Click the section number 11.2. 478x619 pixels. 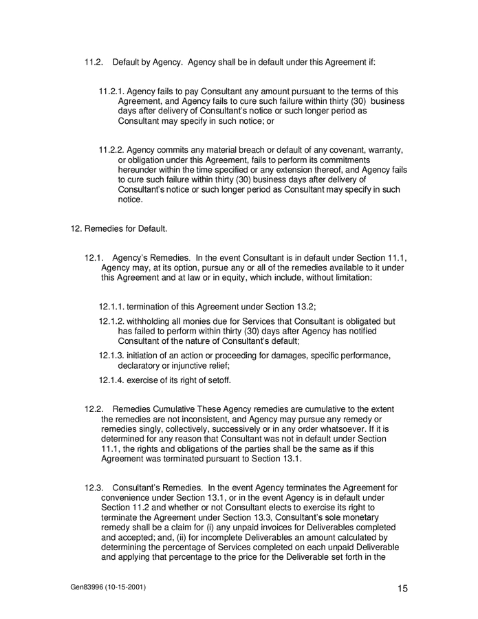[x=94, y=63]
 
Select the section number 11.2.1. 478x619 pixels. [x=112, y=91]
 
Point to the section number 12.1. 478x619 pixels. [x=94, y=259]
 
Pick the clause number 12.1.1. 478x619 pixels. [x=112, y=307]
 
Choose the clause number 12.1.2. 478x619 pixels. [x=112, y=322]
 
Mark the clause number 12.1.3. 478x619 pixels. [x=112, y=356]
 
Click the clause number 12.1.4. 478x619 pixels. [x=112, y=380]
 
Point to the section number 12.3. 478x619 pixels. [x=94, y=488]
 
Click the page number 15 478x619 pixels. [x=403, y=588]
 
